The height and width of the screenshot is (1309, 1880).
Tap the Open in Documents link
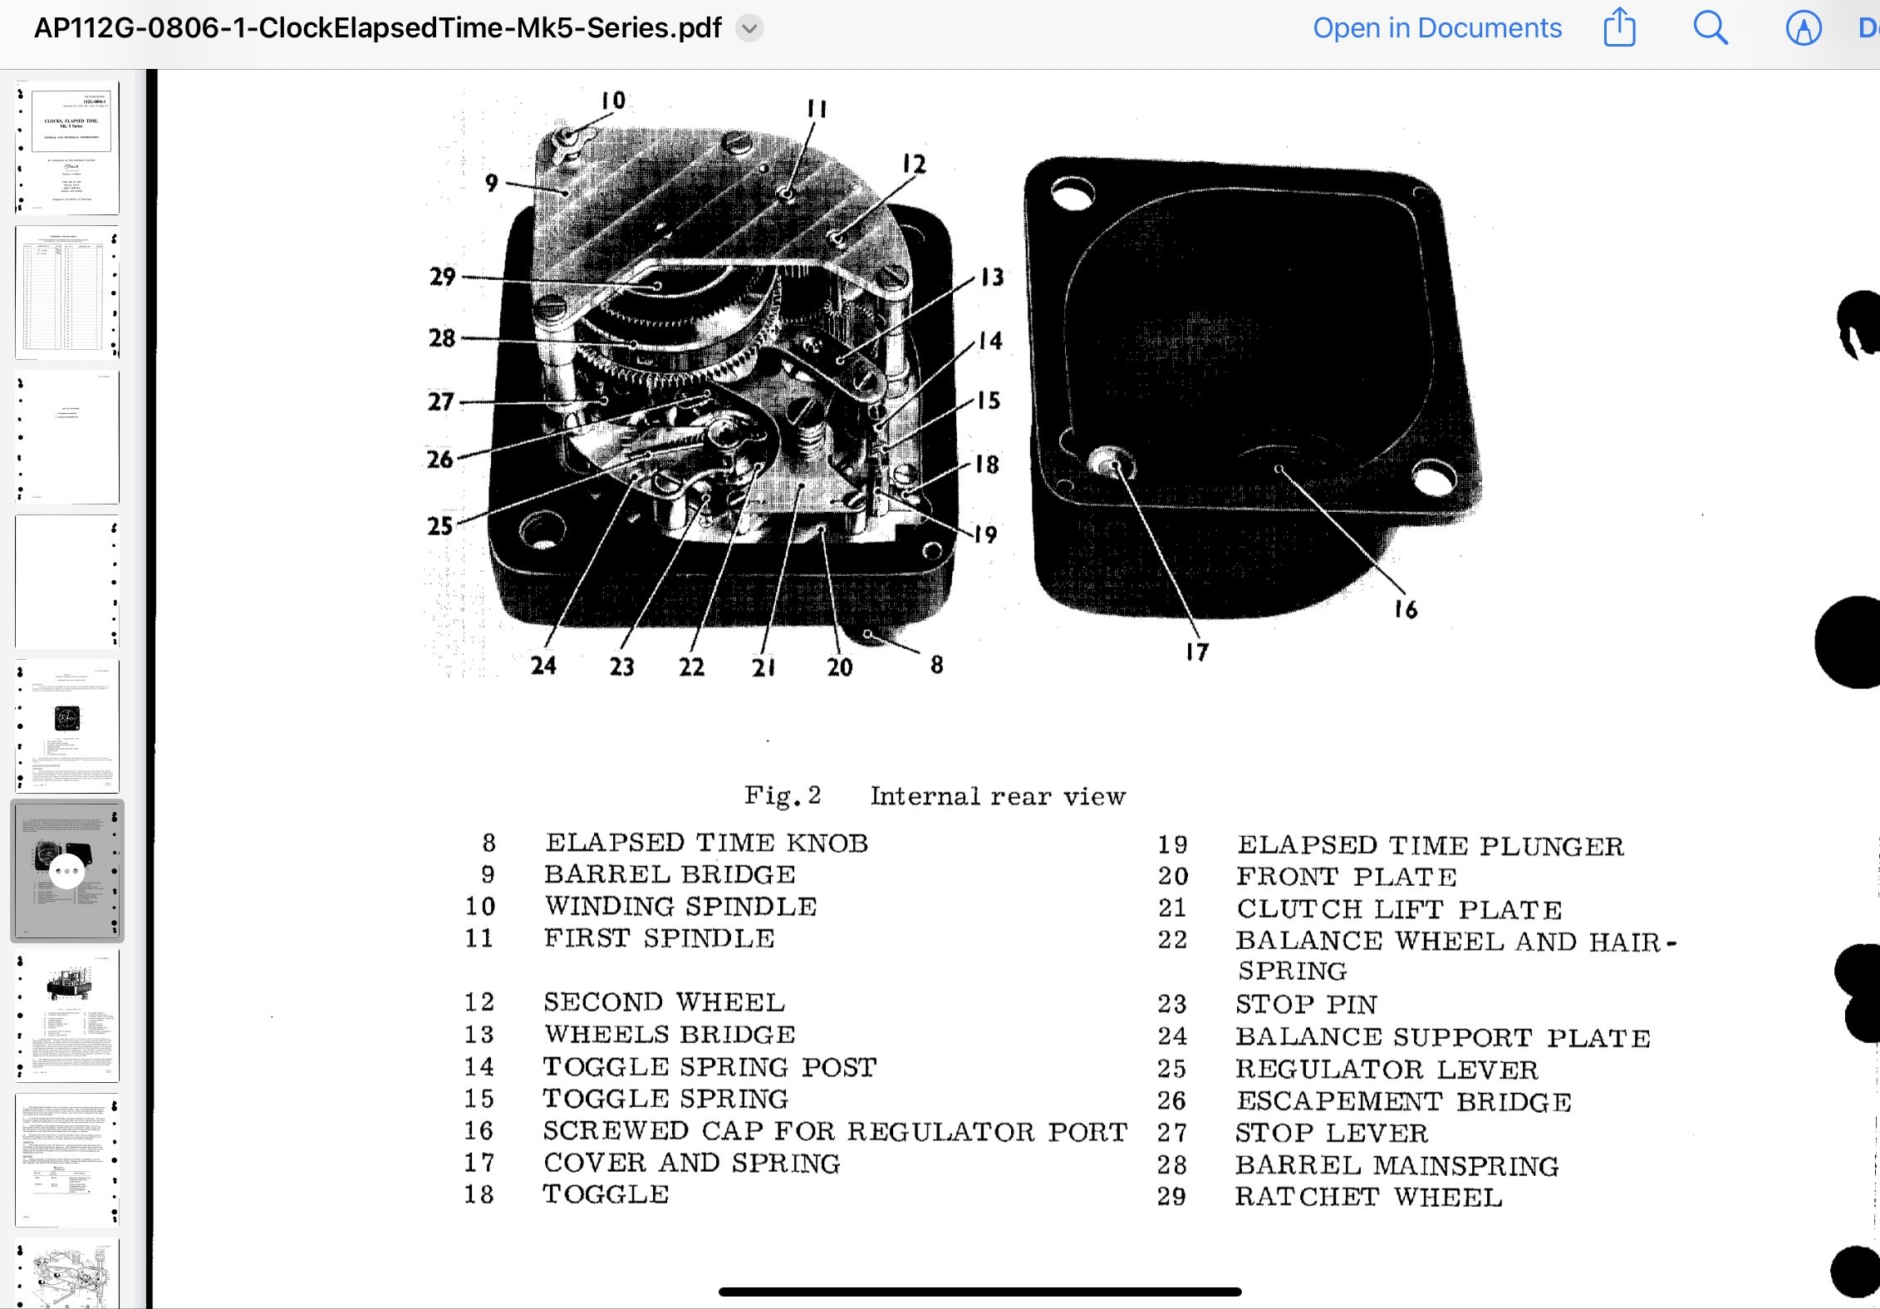tap(1436, 28)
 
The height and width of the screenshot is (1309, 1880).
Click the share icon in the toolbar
tap(1619, 27)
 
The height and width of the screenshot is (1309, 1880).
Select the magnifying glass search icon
tap(1710, 28)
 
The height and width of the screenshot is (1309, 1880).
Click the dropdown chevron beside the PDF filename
tap(749, 28)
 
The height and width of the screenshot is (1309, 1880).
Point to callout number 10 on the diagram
tap(613, 101)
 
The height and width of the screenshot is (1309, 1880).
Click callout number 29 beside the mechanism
tap(442, 277)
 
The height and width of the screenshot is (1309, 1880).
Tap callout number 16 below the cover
tap(1406, 609)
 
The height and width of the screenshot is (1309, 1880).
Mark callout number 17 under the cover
tap(1197, 652)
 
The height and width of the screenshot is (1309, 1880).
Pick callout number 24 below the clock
tap(543, 665)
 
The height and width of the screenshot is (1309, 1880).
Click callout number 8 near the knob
tap(936, 664)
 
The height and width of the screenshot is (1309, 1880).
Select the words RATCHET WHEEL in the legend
tap(1368, 1197)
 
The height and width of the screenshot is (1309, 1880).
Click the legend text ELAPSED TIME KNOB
tap(706, 843)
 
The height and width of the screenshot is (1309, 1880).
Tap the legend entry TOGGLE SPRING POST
tap(709, 1066)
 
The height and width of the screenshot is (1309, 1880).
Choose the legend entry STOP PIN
tap(1306, 1004)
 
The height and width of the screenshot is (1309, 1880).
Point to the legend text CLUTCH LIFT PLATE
tap(1399, 908)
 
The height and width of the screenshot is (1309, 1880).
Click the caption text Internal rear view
tap(998, 796)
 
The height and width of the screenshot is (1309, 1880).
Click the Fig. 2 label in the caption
tap(782, 795)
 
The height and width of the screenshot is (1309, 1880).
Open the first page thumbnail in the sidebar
tap(67, 148)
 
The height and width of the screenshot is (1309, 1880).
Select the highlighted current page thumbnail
tap(67, 870)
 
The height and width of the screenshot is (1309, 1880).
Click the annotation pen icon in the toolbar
tap(1804, 28)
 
